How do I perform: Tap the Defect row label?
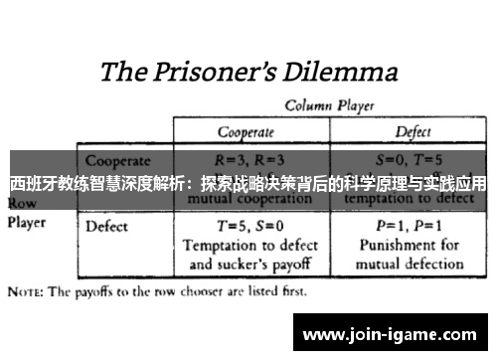(x=106, y=227)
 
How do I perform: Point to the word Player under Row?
(x=27, y=223)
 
